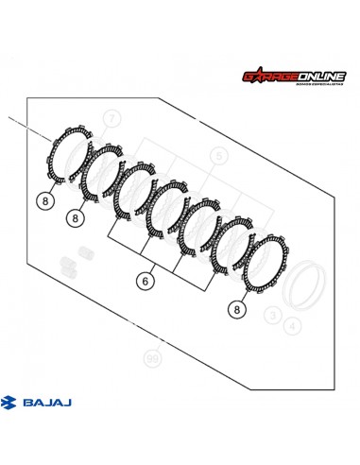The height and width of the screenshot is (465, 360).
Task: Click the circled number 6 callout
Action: click(146, 281)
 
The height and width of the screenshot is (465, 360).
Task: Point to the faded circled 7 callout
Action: click(112, 118)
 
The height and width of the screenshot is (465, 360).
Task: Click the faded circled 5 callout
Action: click(218, 156)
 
